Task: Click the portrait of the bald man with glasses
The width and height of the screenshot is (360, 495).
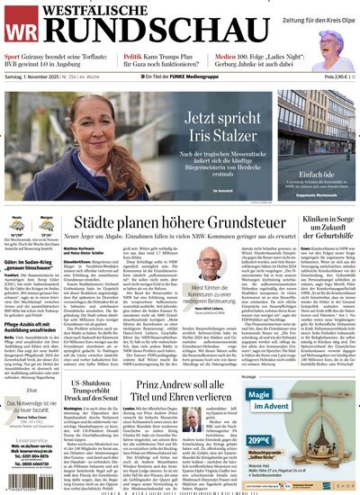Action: tap(210, 264)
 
